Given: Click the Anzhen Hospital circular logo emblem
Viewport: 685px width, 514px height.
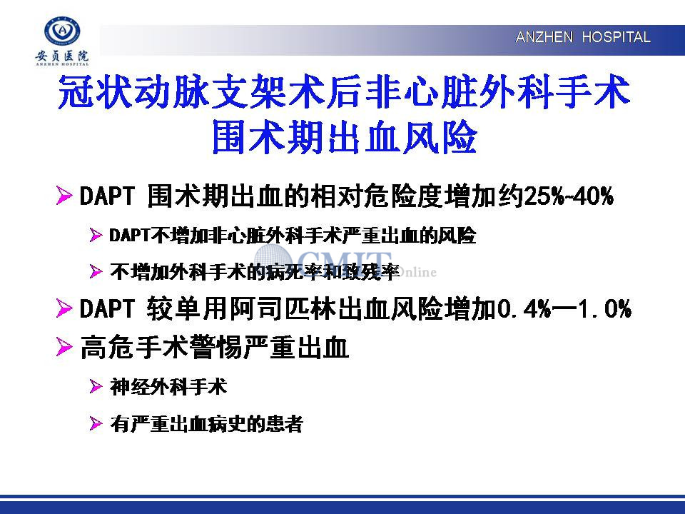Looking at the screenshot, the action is pyautogui.click(x=63, y=31).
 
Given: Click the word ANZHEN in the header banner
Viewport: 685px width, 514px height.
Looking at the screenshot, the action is pyautogui.click(x=544, y=37).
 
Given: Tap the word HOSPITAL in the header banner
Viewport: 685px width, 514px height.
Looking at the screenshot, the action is pyautogui.click(x=616, y=37).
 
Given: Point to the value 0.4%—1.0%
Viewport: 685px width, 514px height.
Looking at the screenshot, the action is pyautogui.click(x=564, y=308).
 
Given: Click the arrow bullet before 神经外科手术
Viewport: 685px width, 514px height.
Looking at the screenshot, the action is pyautogui.click(x=96, y=387).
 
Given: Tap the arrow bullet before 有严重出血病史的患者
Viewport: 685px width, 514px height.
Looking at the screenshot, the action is pyautogui.click(x=96, y=423).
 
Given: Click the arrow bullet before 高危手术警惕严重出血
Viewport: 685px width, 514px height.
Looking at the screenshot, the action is pyautogui.click(x=64, y=348).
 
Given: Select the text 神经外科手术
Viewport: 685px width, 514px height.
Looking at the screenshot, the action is pyautogui.click(x=168, y=387).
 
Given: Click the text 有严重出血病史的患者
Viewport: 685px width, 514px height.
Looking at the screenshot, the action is pyautogui.click(x=206, y=423).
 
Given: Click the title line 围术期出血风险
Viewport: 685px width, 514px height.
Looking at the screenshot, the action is pyautogui.click(x=344, y=137).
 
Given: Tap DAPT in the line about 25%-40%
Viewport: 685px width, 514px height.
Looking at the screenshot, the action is pyautogui.click(x=106, y=196).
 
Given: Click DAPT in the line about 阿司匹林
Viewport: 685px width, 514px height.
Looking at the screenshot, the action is pyautogui.click(x=106, y=308).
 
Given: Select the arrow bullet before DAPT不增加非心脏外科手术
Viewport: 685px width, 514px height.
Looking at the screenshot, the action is pyautogui.click(x=96, y=235).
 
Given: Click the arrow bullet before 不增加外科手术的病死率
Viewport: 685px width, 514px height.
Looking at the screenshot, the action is pyautogui.click(x=96, y=271).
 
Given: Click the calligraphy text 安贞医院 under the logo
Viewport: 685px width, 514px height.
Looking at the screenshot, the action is pyautogui.click(x=62, y=56).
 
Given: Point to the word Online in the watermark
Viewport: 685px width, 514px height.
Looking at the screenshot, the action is pyautogui.click(x=417, y=272).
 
